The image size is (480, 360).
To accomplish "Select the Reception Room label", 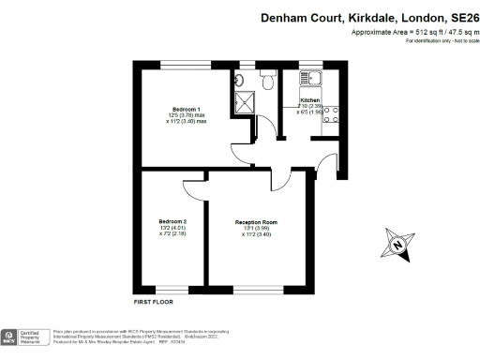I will pyautogui.click(x=256, y=222).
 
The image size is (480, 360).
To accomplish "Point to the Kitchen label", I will pyautogui.click(x=310, y=100).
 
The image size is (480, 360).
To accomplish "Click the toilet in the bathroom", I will pyautogui.click(x=268, y=82).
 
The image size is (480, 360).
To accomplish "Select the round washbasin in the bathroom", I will pyautogui.click(x=240, y=81).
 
